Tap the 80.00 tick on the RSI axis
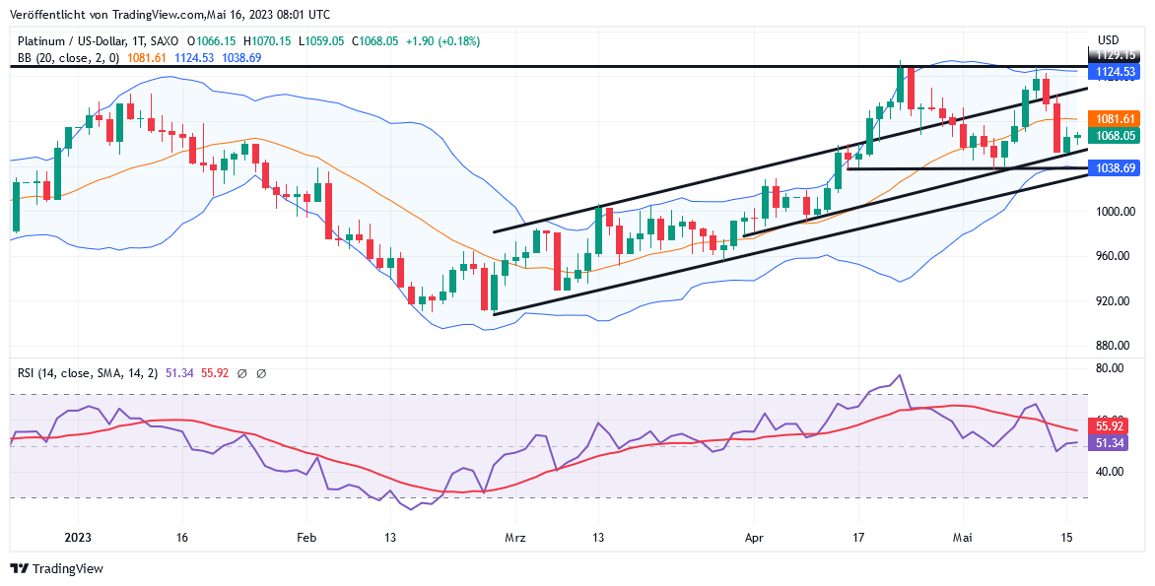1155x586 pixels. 1112,368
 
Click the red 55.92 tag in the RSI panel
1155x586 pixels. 1111,426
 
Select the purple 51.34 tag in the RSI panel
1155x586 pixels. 1111,443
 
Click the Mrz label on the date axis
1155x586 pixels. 515,538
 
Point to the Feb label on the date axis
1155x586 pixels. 306,538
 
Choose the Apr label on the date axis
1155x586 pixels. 754,538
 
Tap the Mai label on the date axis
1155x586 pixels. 963,538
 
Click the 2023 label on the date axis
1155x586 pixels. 78,538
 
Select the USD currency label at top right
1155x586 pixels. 1110,40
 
